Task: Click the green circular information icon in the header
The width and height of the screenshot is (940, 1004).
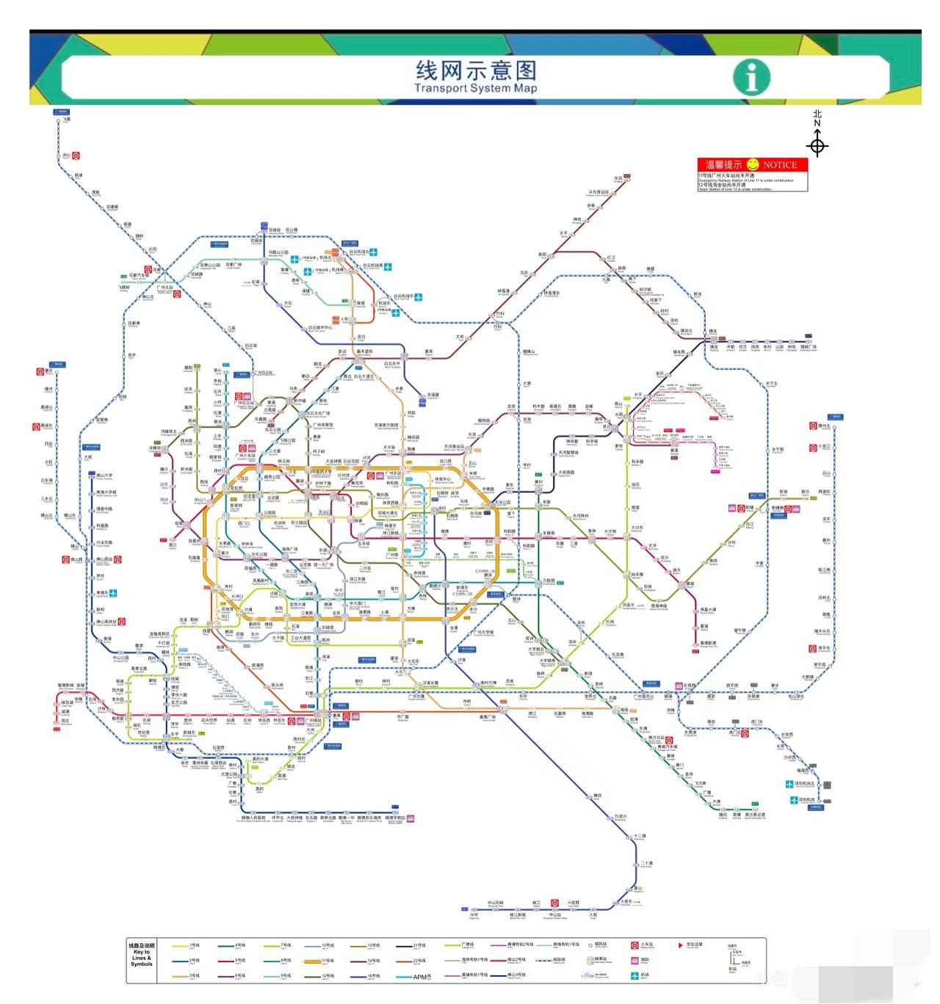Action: (x=751, y=77)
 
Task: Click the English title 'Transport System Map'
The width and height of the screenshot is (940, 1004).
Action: (x=475, y=89)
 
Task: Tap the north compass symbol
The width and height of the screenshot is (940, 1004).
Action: (x=817, y=145)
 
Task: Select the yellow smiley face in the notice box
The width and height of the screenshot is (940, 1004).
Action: (x=752, y=164)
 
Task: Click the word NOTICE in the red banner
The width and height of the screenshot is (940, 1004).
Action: (x=779, y=165)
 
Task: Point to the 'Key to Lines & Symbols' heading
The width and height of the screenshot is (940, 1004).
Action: (x=142, y=954)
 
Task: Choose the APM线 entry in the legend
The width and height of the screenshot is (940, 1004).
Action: (x=421, y=977)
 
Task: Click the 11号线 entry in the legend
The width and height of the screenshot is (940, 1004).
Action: (x=328, y=961)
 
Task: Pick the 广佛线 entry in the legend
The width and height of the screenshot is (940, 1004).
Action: (x=467, y=945)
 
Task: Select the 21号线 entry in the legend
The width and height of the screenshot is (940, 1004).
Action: (x=419, y=945)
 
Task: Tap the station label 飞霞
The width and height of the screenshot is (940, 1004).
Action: (x=66, y=119)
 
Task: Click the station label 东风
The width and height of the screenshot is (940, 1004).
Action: (x=618, y=178)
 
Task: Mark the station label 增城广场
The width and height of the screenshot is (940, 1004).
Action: (x=808, y=347)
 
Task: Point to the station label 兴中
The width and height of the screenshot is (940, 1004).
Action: (x=474, y=914)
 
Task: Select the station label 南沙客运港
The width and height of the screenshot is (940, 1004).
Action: (x=755, y=815)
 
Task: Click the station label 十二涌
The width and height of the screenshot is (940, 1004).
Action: (x=640, y=836)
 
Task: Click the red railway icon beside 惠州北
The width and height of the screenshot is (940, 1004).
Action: (x=813, y=426)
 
